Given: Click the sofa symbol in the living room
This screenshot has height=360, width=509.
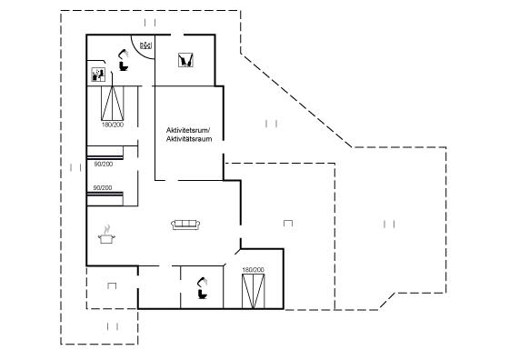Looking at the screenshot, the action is click(185, 225).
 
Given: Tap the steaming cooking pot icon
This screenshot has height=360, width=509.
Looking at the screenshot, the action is click(106, 235).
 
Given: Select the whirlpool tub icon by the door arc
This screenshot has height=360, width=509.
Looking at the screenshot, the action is click(146, 45).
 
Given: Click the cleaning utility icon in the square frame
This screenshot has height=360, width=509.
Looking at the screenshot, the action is click(185, 60).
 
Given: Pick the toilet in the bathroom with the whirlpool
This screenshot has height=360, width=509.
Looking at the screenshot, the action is click(124, 66).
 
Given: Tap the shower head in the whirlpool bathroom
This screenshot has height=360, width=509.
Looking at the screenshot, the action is click(123, 54).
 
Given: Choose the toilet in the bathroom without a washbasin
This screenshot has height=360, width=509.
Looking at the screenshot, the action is click(203, 295).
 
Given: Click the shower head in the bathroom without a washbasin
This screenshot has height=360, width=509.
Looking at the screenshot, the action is click(202, 282).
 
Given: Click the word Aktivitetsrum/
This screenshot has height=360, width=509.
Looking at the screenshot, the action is click(188, 130).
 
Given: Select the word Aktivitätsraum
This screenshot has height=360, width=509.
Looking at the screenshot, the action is click(189, 139).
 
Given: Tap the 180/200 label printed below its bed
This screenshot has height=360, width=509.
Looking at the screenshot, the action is click(113, 125).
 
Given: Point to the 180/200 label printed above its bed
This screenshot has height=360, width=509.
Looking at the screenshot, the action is click(254, 270).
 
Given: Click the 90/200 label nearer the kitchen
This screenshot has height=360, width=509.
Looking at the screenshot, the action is click(103, 187).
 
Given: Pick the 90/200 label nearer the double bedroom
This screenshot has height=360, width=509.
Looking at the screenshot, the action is click(104, 165).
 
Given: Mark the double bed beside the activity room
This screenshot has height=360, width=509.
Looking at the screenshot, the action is click(113, 104).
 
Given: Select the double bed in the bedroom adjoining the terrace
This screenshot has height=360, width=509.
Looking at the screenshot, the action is click(254, 291).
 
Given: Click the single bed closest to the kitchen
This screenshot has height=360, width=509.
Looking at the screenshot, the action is click(105, 199).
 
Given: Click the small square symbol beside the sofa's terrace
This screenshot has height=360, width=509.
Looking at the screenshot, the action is click(288, 223).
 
